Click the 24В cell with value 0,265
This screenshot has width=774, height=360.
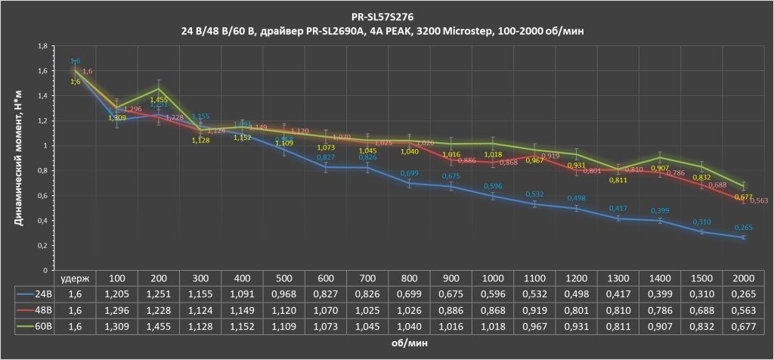click(744, 293)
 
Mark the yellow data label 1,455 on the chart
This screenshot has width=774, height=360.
click(159, 100)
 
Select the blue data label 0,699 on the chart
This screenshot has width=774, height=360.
click(409, 173)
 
